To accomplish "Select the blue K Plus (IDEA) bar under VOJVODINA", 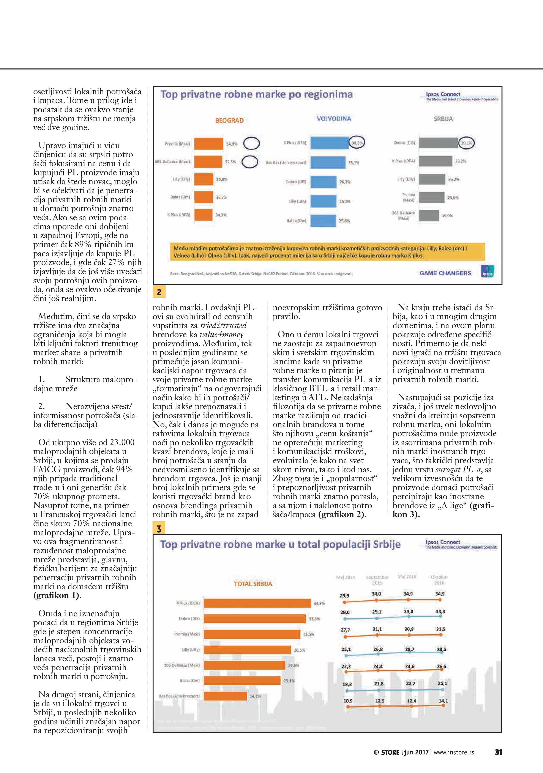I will click(329, 143).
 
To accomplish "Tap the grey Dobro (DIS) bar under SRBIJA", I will click(438, 143).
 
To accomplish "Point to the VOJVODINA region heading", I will click(334, 119).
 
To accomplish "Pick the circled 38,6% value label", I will click(357, 143).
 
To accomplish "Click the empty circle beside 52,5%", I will click(250, 162).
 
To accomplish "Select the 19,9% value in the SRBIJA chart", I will click(447, 216).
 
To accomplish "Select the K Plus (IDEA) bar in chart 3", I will click(257, 603).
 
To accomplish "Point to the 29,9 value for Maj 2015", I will click(344, 596).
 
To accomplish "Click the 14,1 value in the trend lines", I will click(443, 701).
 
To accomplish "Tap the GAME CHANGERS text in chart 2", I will click(445, 273).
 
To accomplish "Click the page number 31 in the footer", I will click(498, 752).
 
